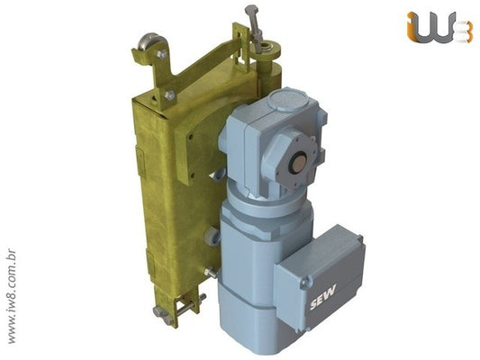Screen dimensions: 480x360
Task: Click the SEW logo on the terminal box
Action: (322, 297)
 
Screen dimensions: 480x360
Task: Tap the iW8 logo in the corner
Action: (438, 27)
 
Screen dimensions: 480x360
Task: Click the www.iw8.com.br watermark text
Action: (12, 296)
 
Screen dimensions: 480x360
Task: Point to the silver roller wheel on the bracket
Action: (150, 42)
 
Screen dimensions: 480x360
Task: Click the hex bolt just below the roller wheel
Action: (162, 54)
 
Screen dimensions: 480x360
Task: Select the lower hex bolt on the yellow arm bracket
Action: (169, 95)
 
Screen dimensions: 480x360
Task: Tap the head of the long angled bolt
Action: (251, 10)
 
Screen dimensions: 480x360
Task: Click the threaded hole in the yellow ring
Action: (269, 48)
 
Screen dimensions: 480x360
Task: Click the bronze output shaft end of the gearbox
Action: (298, 161)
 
